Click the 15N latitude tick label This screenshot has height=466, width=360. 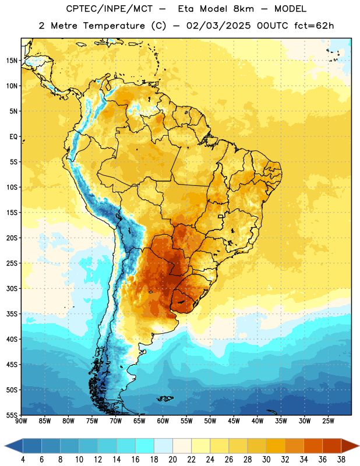[x=12, y=61]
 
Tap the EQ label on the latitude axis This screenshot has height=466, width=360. [x=13, y=137]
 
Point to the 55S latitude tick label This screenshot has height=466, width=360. [x=12, y=415]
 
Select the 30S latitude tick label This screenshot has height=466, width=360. [x=12, y=288]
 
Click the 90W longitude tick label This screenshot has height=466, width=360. [x=21, y=421]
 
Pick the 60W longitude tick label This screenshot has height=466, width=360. [x=163, y=421]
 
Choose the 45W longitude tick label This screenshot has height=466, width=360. [x=234, y=421]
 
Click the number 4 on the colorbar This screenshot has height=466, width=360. [x=23, y=460]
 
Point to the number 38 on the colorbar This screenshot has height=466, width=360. [x=341, y=460]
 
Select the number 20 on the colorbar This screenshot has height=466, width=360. [x=172, y=460]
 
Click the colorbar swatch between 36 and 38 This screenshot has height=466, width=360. [x=332, y=446]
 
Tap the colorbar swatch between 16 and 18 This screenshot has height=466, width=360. [x=145, y=446]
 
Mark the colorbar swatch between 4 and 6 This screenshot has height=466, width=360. [x=33, y=446]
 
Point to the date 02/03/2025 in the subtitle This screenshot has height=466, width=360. [x=218, y=26]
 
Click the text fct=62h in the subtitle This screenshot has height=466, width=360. [x=314, y=26]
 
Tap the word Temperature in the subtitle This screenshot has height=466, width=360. [x=114, y=26]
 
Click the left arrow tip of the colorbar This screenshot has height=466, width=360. [x=5, y=446]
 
